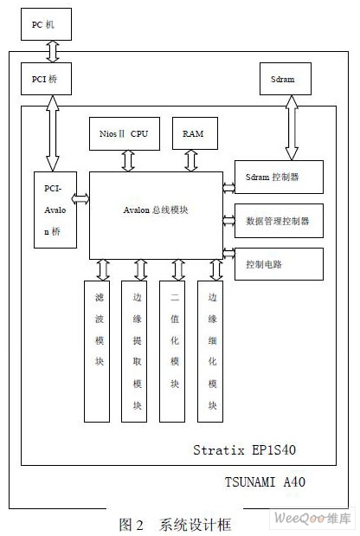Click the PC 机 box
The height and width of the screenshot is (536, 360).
click(x=46, y=24)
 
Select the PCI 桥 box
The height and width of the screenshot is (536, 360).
click(x=46, y=79)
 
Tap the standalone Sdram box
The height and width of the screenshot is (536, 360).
click(x=286, y=79)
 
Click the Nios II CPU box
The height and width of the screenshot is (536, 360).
click(x=125, y=133)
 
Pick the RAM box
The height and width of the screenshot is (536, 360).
click(x=195, y=133)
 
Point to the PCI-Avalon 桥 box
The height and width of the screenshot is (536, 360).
click(x=55, y=210)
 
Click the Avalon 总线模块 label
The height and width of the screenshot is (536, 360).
click(x=156, y=210)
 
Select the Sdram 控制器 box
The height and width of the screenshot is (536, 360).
click(x=279, y=177)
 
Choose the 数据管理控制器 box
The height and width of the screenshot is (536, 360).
click(x=279, y=221)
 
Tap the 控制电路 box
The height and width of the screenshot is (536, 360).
click(x=279, y=264)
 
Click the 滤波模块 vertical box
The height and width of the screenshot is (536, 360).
click(x=97, y=352)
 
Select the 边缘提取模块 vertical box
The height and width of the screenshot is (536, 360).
click(x=134, y=352)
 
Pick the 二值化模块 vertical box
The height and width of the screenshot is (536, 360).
click(x=172, y=352)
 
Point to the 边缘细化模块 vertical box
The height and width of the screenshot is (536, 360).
click(x=210, y=352)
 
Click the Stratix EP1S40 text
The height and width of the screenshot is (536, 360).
click(x=244, y=450)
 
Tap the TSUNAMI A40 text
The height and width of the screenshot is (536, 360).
click(x=265, y=482)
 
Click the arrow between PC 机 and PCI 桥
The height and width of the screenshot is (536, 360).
click(x=52, y=52)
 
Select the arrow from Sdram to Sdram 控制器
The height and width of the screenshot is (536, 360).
click(x=292, y=128)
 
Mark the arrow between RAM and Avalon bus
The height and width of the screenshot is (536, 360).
click(x=191, y=161)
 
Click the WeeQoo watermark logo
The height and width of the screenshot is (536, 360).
click(x=312, y=518)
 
